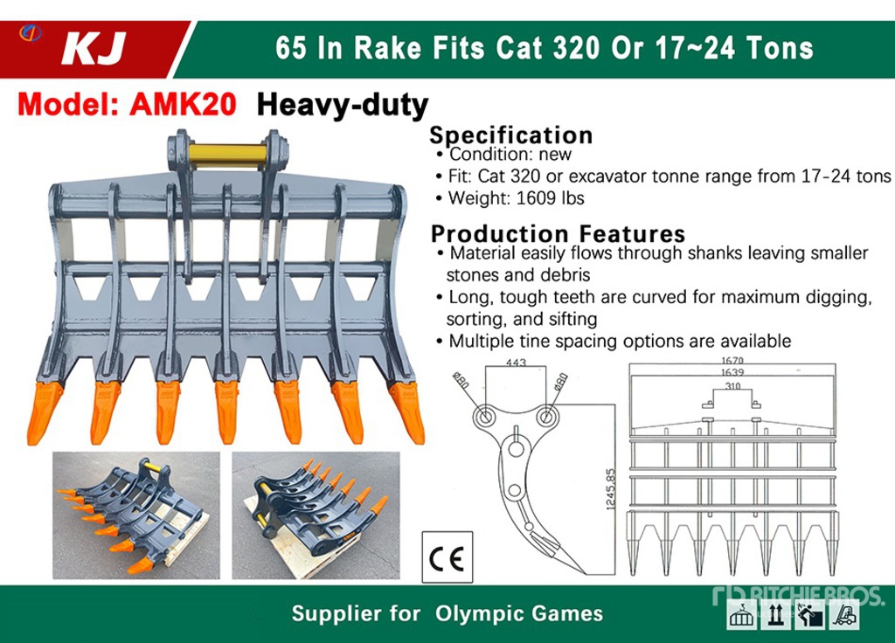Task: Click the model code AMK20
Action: tap(183, 105)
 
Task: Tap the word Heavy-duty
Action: tap(343, 106)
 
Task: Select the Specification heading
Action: tap(510, 135)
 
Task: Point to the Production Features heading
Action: tap(558, 234)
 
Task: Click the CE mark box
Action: tap(447, 557)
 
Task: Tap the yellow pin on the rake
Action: tap(228, 154)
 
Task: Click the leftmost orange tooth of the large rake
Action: tap(43, 412)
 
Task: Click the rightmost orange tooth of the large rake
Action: tap(408, 412)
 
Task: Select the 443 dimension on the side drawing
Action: tap(516, 363)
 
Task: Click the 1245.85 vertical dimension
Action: tap(611, 489)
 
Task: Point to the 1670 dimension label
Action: tap(732, 361)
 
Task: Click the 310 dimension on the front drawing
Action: tap(732, 386)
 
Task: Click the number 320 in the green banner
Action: tap(576, 47)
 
